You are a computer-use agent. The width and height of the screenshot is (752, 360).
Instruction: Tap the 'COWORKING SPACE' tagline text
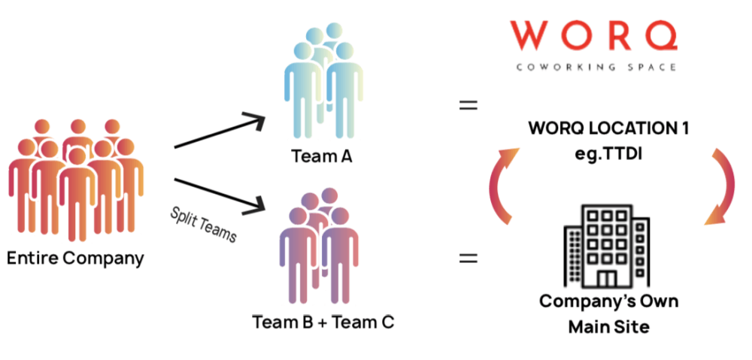click(596, 67)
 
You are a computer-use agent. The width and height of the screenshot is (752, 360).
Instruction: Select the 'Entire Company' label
click(75, 259)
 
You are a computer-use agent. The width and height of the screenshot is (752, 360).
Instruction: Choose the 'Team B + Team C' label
click(323, 323)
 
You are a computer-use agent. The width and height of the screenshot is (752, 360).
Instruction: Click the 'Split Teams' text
click(203, 224)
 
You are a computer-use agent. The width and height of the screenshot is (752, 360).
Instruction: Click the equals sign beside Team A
click(468, 105)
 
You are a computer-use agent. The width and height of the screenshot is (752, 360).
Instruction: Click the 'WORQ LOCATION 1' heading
click(608, 129)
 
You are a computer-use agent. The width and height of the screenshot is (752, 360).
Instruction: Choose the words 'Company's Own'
click(608, 302)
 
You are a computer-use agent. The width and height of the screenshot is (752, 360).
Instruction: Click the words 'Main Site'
click(608, 327)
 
